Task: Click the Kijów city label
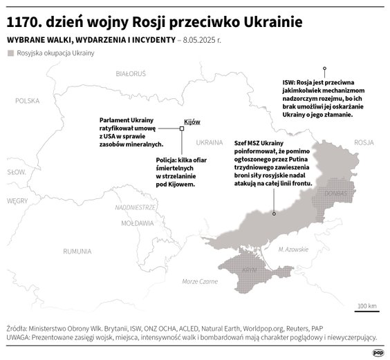tap(192, 122)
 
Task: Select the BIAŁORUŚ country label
tap(131, 73)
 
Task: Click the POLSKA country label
tap(28, 100)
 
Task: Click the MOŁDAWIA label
tap(137, 224)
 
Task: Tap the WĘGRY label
tap(17, 200)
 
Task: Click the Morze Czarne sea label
tap(199, 281)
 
